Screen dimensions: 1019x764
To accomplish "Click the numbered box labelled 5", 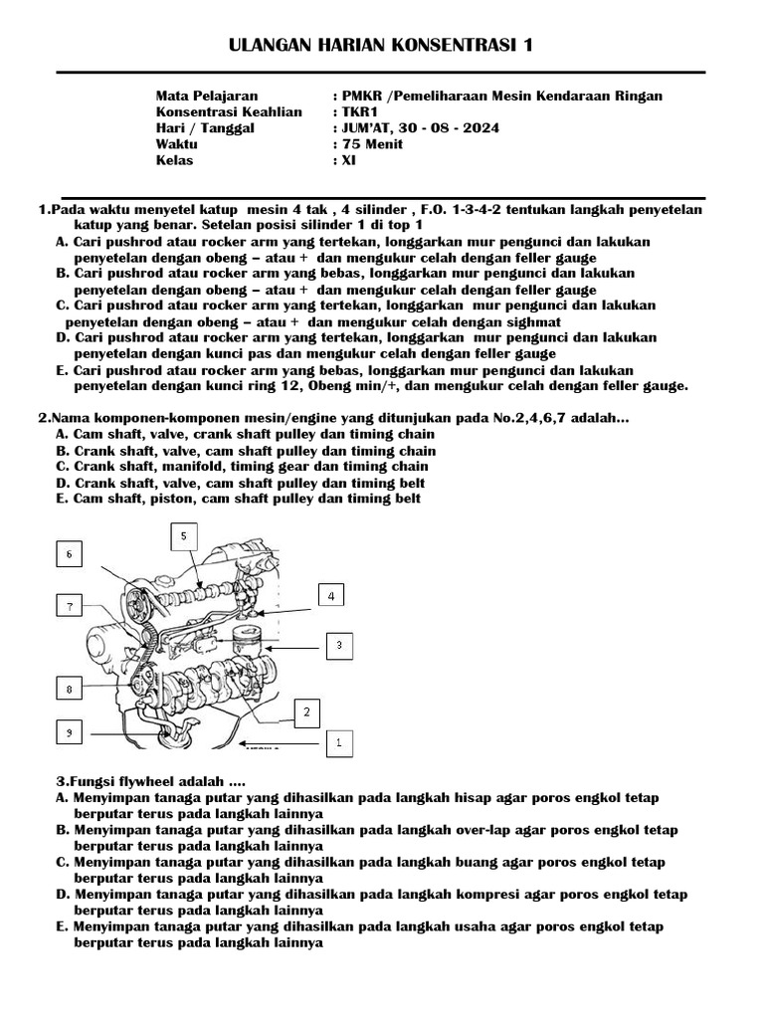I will pos(182,537).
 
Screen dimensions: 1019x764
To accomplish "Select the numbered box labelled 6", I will pos(68,554).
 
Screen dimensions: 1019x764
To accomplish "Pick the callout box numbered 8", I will pos(68,689).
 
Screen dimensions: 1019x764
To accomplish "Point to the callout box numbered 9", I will pos(68,732).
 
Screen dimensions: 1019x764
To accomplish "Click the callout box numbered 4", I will pos(331,595).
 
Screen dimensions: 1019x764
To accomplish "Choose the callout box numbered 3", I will pos(338,646).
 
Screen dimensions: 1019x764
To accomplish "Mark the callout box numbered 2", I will pos(306,712).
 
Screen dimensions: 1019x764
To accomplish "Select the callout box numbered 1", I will pos(338,741).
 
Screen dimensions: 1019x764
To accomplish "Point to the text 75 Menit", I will pos(373,144).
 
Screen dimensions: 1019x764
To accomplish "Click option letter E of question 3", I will pos(62,926).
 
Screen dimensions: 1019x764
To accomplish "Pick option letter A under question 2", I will pos(62,435).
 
